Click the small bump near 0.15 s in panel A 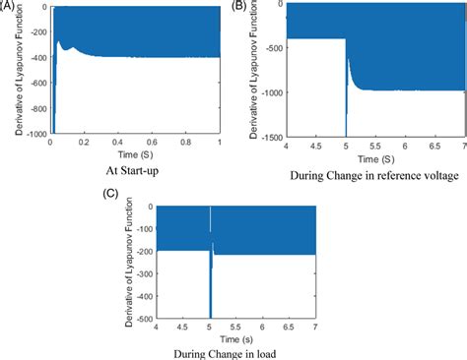tap(72, 47)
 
